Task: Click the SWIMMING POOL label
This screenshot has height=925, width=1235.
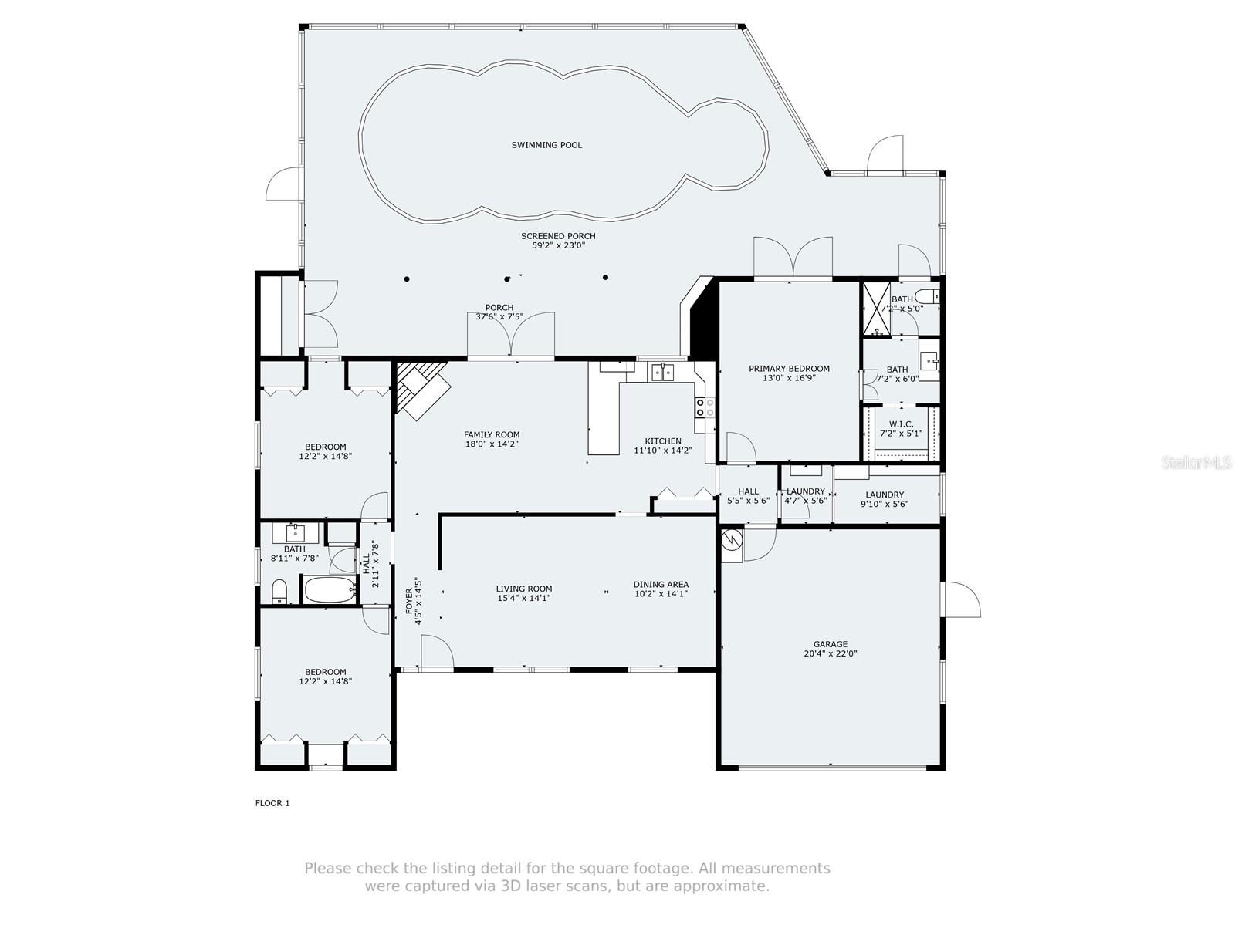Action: [546, 145]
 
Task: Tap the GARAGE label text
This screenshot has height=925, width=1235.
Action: [830, 644]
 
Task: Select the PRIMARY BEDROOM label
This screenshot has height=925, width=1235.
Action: [789, 369]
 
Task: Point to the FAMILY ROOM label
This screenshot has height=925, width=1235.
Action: [492, 434]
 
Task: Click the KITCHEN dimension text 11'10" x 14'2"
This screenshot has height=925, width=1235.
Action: [663, 451]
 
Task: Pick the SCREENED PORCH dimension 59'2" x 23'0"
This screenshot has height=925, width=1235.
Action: [558, 245]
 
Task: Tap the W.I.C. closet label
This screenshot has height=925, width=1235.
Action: [901, 424]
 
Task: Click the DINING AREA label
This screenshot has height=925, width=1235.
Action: [661, 585]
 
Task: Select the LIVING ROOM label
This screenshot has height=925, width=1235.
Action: [524, 589]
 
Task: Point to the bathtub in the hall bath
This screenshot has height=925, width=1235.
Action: [330, 589]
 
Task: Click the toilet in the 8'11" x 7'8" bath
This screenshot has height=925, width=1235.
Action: [279, 592]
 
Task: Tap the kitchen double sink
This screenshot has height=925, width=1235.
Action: [663, 372]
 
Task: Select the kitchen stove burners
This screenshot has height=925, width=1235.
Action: [705, 407]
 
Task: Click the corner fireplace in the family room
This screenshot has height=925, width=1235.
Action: [422, 390]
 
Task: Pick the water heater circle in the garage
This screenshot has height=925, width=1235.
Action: [732, 540]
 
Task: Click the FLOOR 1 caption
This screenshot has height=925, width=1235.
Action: [272, 803]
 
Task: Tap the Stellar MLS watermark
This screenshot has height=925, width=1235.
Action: [1196, 463]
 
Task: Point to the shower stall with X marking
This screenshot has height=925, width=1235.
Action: [877, 309]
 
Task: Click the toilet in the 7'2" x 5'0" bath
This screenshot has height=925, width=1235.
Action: [927, 295]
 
